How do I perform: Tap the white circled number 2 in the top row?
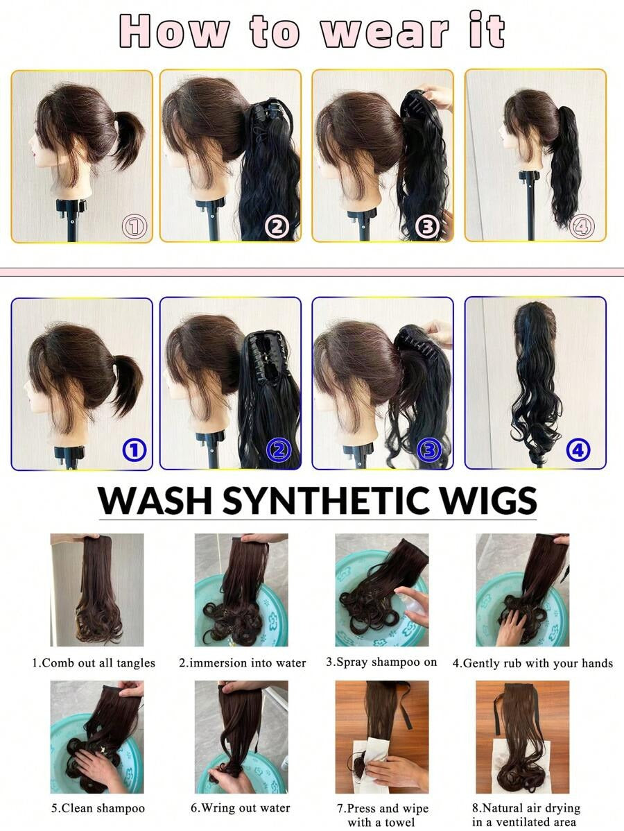click(x=277, y=227)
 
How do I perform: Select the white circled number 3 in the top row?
click(x=427, y=227)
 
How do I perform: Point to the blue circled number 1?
click(x=134, y=450)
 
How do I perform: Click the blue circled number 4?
click(x=578, y=450)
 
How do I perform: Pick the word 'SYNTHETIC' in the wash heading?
click(x=324, y=500)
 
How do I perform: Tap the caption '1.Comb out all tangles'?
click(x=94, y=663)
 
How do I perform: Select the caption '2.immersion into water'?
click(x=242, y=663)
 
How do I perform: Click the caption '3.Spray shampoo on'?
click(x=381, y=662)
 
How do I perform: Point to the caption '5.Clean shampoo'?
click(x=98, y=808)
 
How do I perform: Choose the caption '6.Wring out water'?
click(x=241, y=808)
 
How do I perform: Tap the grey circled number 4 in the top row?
click(x=582, y=227)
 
